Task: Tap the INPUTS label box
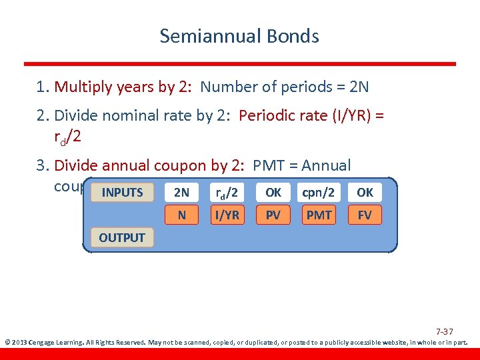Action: pyautogui.click(x=122, y=193)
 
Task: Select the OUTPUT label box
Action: pyautogui.click(x=122, y=237)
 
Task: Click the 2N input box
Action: pyautogui.click(x=181, y=193)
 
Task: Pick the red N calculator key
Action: pyautogui.click(x=181, y=215)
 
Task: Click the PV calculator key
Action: pyautogui.click(x=273, y=215)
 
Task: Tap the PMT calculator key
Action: pyautogui.click(x=319, y=215)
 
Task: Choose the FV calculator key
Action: pyautogui.click(x=365, y=215)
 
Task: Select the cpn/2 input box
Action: pyautogui.click(x=319, y=193)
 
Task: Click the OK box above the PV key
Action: pyautogui.click(x=273, y=193)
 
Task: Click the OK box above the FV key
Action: pyautogui.click(x=365, y=193)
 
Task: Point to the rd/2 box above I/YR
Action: pyautogui.click(x=227, y=193)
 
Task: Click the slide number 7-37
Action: pyautogui.click(x=445, y=331)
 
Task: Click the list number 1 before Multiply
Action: pyautogui.click(x=41, y=87)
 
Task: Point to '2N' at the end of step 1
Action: pyautogui.click(x=359, y=87)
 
